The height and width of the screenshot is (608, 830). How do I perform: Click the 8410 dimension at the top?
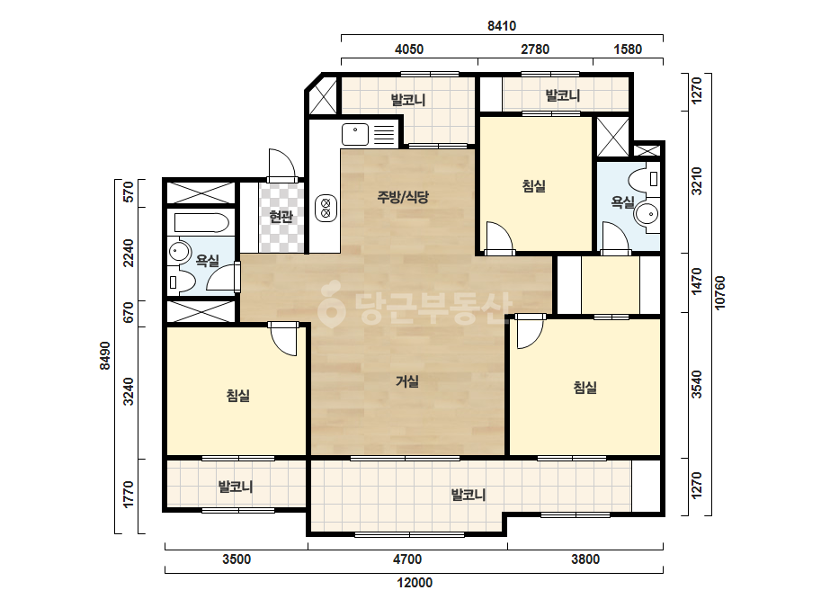click(501, 25)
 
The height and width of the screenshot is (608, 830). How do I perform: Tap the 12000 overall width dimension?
click(415, 583)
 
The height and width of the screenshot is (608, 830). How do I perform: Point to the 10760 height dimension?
click(719, 293)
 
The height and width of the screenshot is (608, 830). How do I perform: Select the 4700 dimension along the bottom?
click(407, 559)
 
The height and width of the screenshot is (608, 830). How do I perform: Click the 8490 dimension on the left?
click(105, 355)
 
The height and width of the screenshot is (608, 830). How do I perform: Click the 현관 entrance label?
click(281, 216)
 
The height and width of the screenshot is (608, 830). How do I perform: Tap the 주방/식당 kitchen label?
click(403, 198)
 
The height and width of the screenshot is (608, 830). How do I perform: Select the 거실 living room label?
click(407, 381)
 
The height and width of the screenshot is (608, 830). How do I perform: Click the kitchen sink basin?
click(355, 135)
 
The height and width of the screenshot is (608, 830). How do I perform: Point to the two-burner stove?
click(326, 208)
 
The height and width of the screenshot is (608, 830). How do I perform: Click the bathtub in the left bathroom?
click(201, 223)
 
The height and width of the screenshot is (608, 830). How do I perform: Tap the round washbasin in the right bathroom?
click(647, 214)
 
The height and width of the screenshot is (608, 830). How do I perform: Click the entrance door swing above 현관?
click(281, 165)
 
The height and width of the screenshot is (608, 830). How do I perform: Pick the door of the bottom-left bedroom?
click(284, 339)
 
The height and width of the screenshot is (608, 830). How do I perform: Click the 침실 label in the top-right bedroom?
click(533, 186)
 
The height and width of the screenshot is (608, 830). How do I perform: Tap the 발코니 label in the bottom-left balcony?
click(236, 487)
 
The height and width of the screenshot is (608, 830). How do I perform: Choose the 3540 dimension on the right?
click(697, 385)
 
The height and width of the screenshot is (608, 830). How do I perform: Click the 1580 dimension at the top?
click(628, 49)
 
